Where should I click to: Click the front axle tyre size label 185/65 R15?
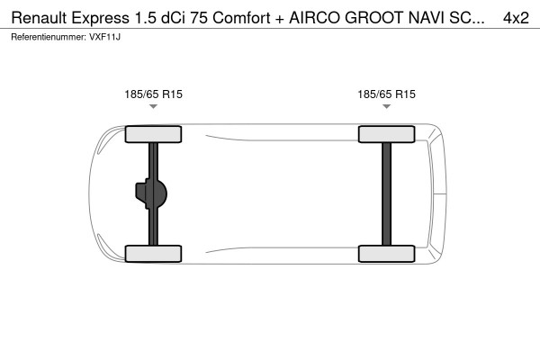pos(153,94)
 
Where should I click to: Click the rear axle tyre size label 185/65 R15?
pos(386,94)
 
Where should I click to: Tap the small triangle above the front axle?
pos(153,107)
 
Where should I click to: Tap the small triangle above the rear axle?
pos(386,107)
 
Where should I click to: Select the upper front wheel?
pos(153,135)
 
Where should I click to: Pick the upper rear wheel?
pos(386,135)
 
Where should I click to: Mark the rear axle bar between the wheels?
pos(386,193)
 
